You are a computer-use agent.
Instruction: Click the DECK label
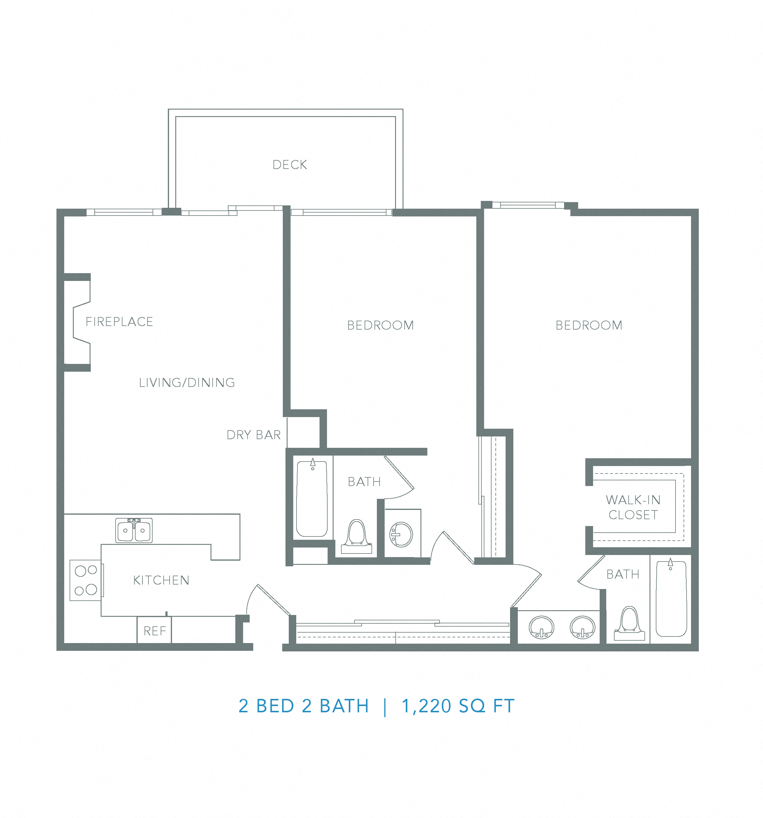click(x=290, y=164)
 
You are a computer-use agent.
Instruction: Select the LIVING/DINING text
click(x=187, y=383)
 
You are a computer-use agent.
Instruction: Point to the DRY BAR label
click(x=254, y=435)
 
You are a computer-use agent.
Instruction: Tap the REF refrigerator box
click(x=154, y=631)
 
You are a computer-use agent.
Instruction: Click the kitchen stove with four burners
click(x=86, y=580)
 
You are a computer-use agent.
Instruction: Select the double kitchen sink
click(x=134, y=531)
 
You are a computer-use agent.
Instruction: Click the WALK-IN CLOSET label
click(x=633, y=507)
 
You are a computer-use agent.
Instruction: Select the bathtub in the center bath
click(x=312, y=499)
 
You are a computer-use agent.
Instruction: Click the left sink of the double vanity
click(x=542, y=627)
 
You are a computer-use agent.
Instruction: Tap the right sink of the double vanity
click(x=582, y=627)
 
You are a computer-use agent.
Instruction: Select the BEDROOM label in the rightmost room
click(x=589, y=325)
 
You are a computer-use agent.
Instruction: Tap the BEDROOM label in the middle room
click(x=380, y=325)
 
